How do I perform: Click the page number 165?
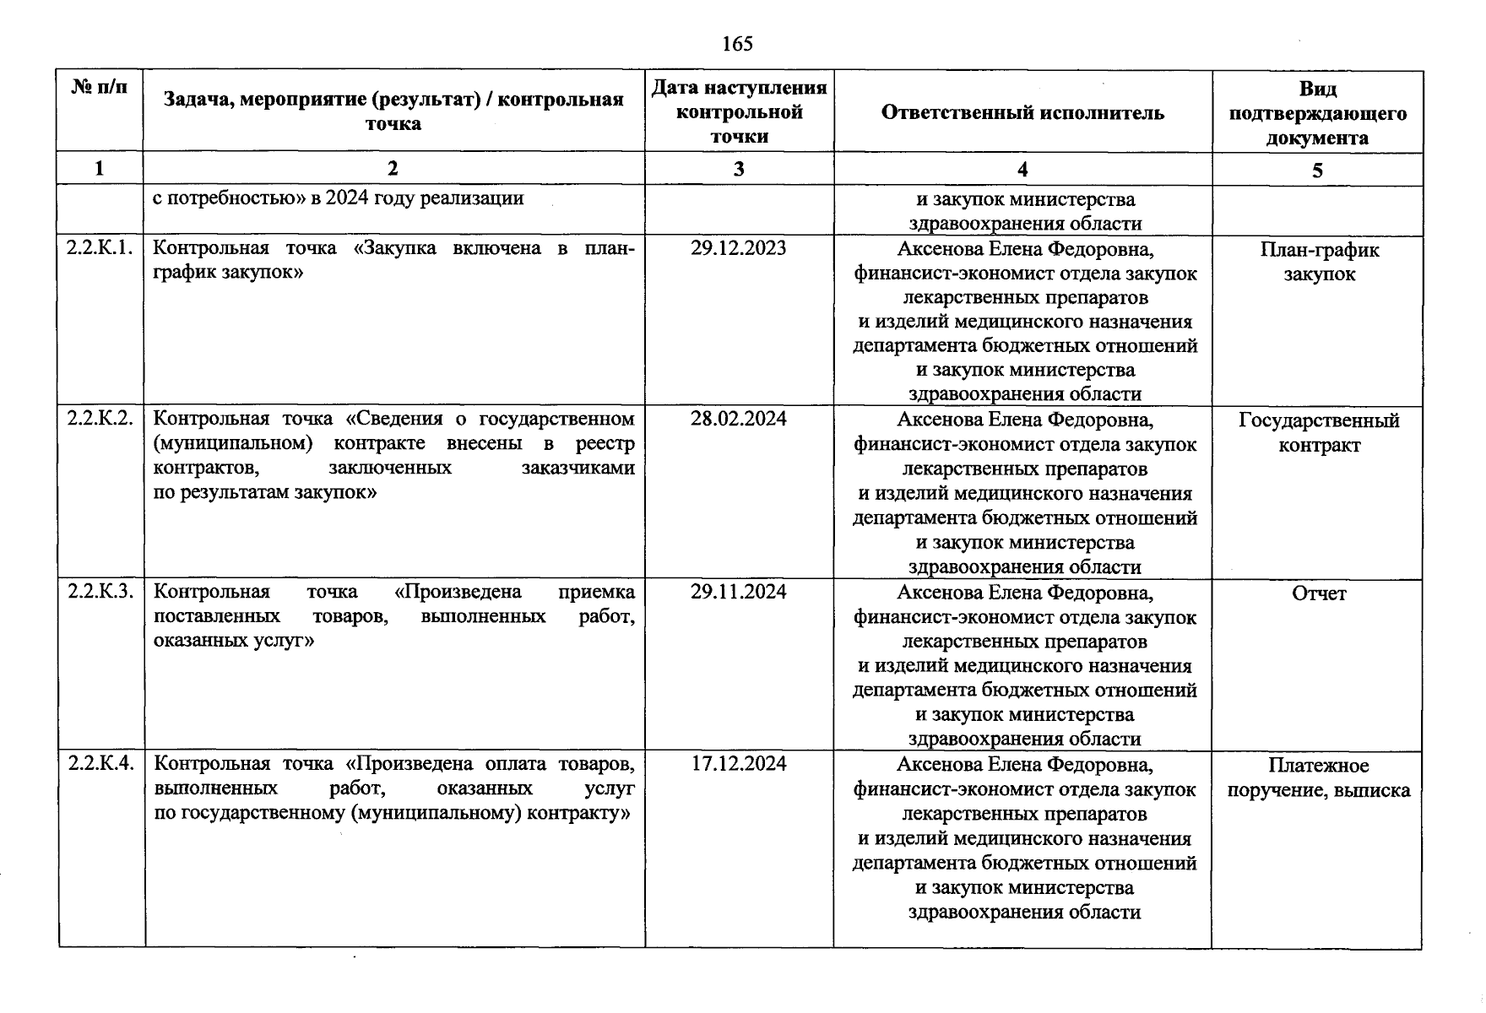(x=737, y=44)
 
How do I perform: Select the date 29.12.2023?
(x=738, y=248)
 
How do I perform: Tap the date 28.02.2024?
(x=738, y=419)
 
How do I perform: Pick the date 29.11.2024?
(x=738, y=592)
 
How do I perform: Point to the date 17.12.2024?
(x=738, y=764)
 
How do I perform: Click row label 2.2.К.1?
(x=100, y=248)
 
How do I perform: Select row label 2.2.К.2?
(x=100, y=419)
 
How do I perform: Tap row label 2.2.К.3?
(x=100, y=592)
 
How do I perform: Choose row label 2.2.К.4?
(x=100, y=764)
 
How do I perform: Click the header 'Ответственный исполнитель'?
(x=1022, y=113)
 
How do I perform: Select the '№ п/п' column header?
(x=100, y=87)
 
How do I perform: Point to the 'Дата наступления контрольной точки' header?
(x=739, y=112)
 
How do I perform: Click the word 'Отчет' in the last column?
(x=1319, y=594)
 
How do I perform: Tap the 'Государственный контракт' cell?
(x=1319, y=432)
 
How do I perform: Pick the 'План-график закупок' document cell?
(x=1319, y=262)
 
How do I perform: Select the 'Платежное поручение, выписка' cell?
(x=1318, y=777)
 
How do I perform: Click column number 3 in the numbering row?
(x=739, y=170)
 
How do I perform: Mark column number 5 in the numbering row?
(x=1317, y=171)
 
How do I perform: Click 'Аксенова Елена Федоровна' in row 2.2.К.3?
(x=1024, y=593)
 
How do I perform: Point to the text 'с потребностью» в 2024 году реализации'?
(x=338, y=198)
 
